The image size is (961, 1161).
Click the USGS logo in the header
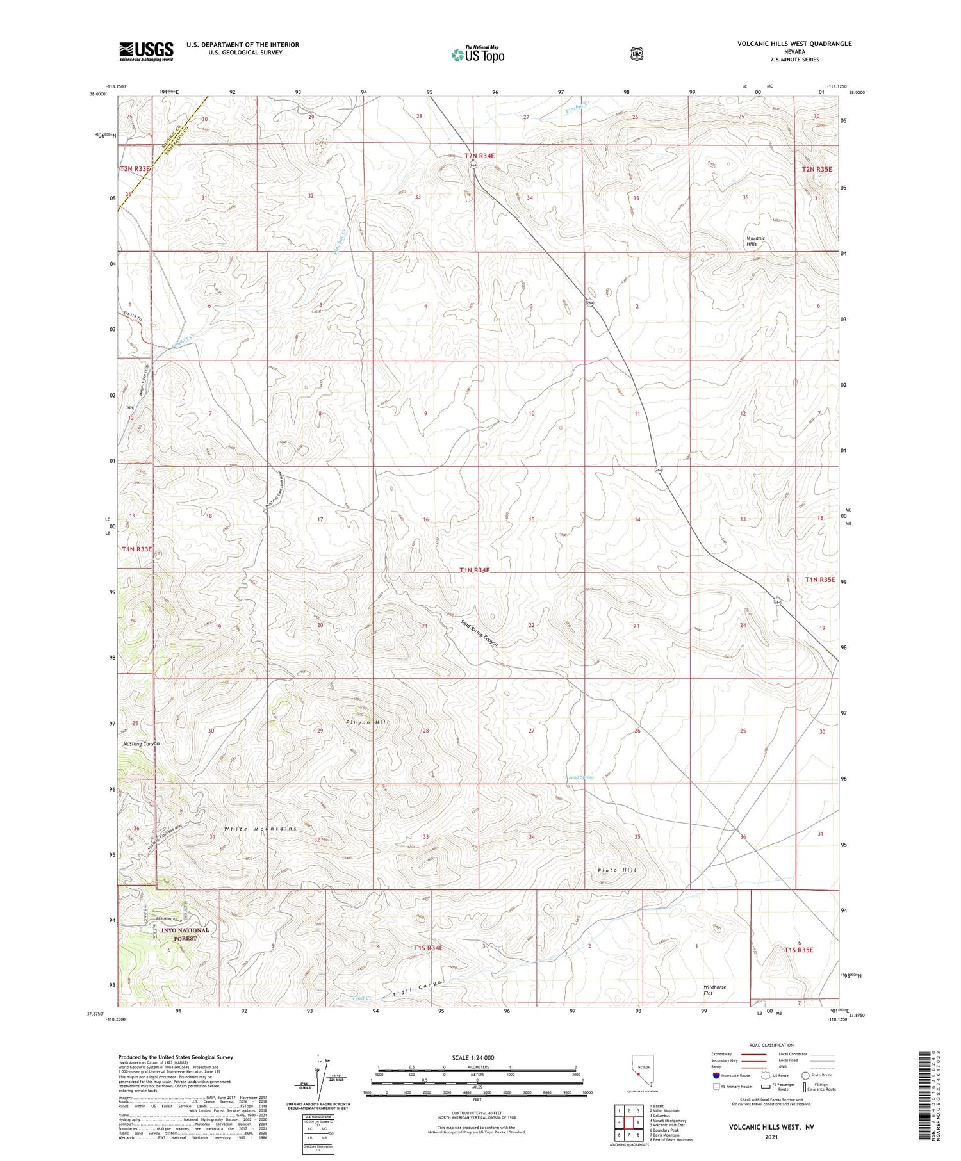pos(146,51)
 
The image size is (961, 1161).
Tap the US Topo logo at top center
pos(477,54)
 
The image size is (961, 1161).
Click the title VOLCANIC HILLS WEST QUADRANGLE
pos(794,44)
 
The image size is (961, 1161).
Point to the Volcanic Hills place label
pos(752,241)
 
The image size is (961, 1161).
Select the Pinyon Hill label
pos(368,722)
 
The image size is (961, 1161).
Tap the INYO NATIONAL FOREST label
pos(185,934)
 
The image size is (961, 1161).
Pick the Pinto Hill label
pos(617,870)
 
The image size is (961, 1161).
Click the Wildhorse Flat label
pos(714,990)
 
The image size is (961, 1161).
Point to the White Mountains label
pos(260,829)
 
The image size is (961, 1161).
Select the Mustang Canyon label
pos(141,743)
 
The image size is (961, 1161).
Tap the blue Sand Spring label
pos(581,777)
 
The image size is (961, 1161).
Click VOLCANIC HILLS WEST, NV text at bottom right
pos(771,1126)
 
